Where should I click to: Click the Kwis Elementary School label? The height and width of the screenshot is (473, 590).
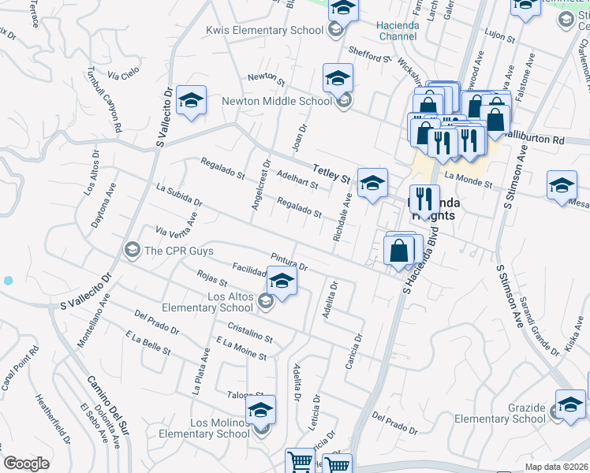tap(264, 30)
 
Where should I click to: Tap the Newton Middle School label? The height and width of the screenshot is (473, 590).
tap(277, 101)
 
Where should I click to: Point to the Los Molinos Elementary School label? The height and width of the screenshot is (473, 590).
tap(204, 428)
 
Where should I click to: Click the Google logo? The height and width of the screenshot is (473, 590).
tap(26, 464)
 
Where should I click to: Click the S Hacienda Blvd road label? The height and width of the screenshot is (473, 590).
tap(420, 267)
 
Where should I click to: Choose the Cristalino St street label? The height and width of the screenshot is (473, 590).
tap(249, 333)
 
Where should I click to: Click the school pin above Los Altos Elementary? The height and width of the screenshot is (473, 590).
tap(282, 280)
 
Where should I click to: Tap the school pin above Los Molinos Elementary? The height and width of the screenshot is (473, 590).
tap(260, 410)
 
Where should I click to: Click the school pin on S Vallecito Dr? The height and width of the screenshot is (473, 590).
tap(191, 100)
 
